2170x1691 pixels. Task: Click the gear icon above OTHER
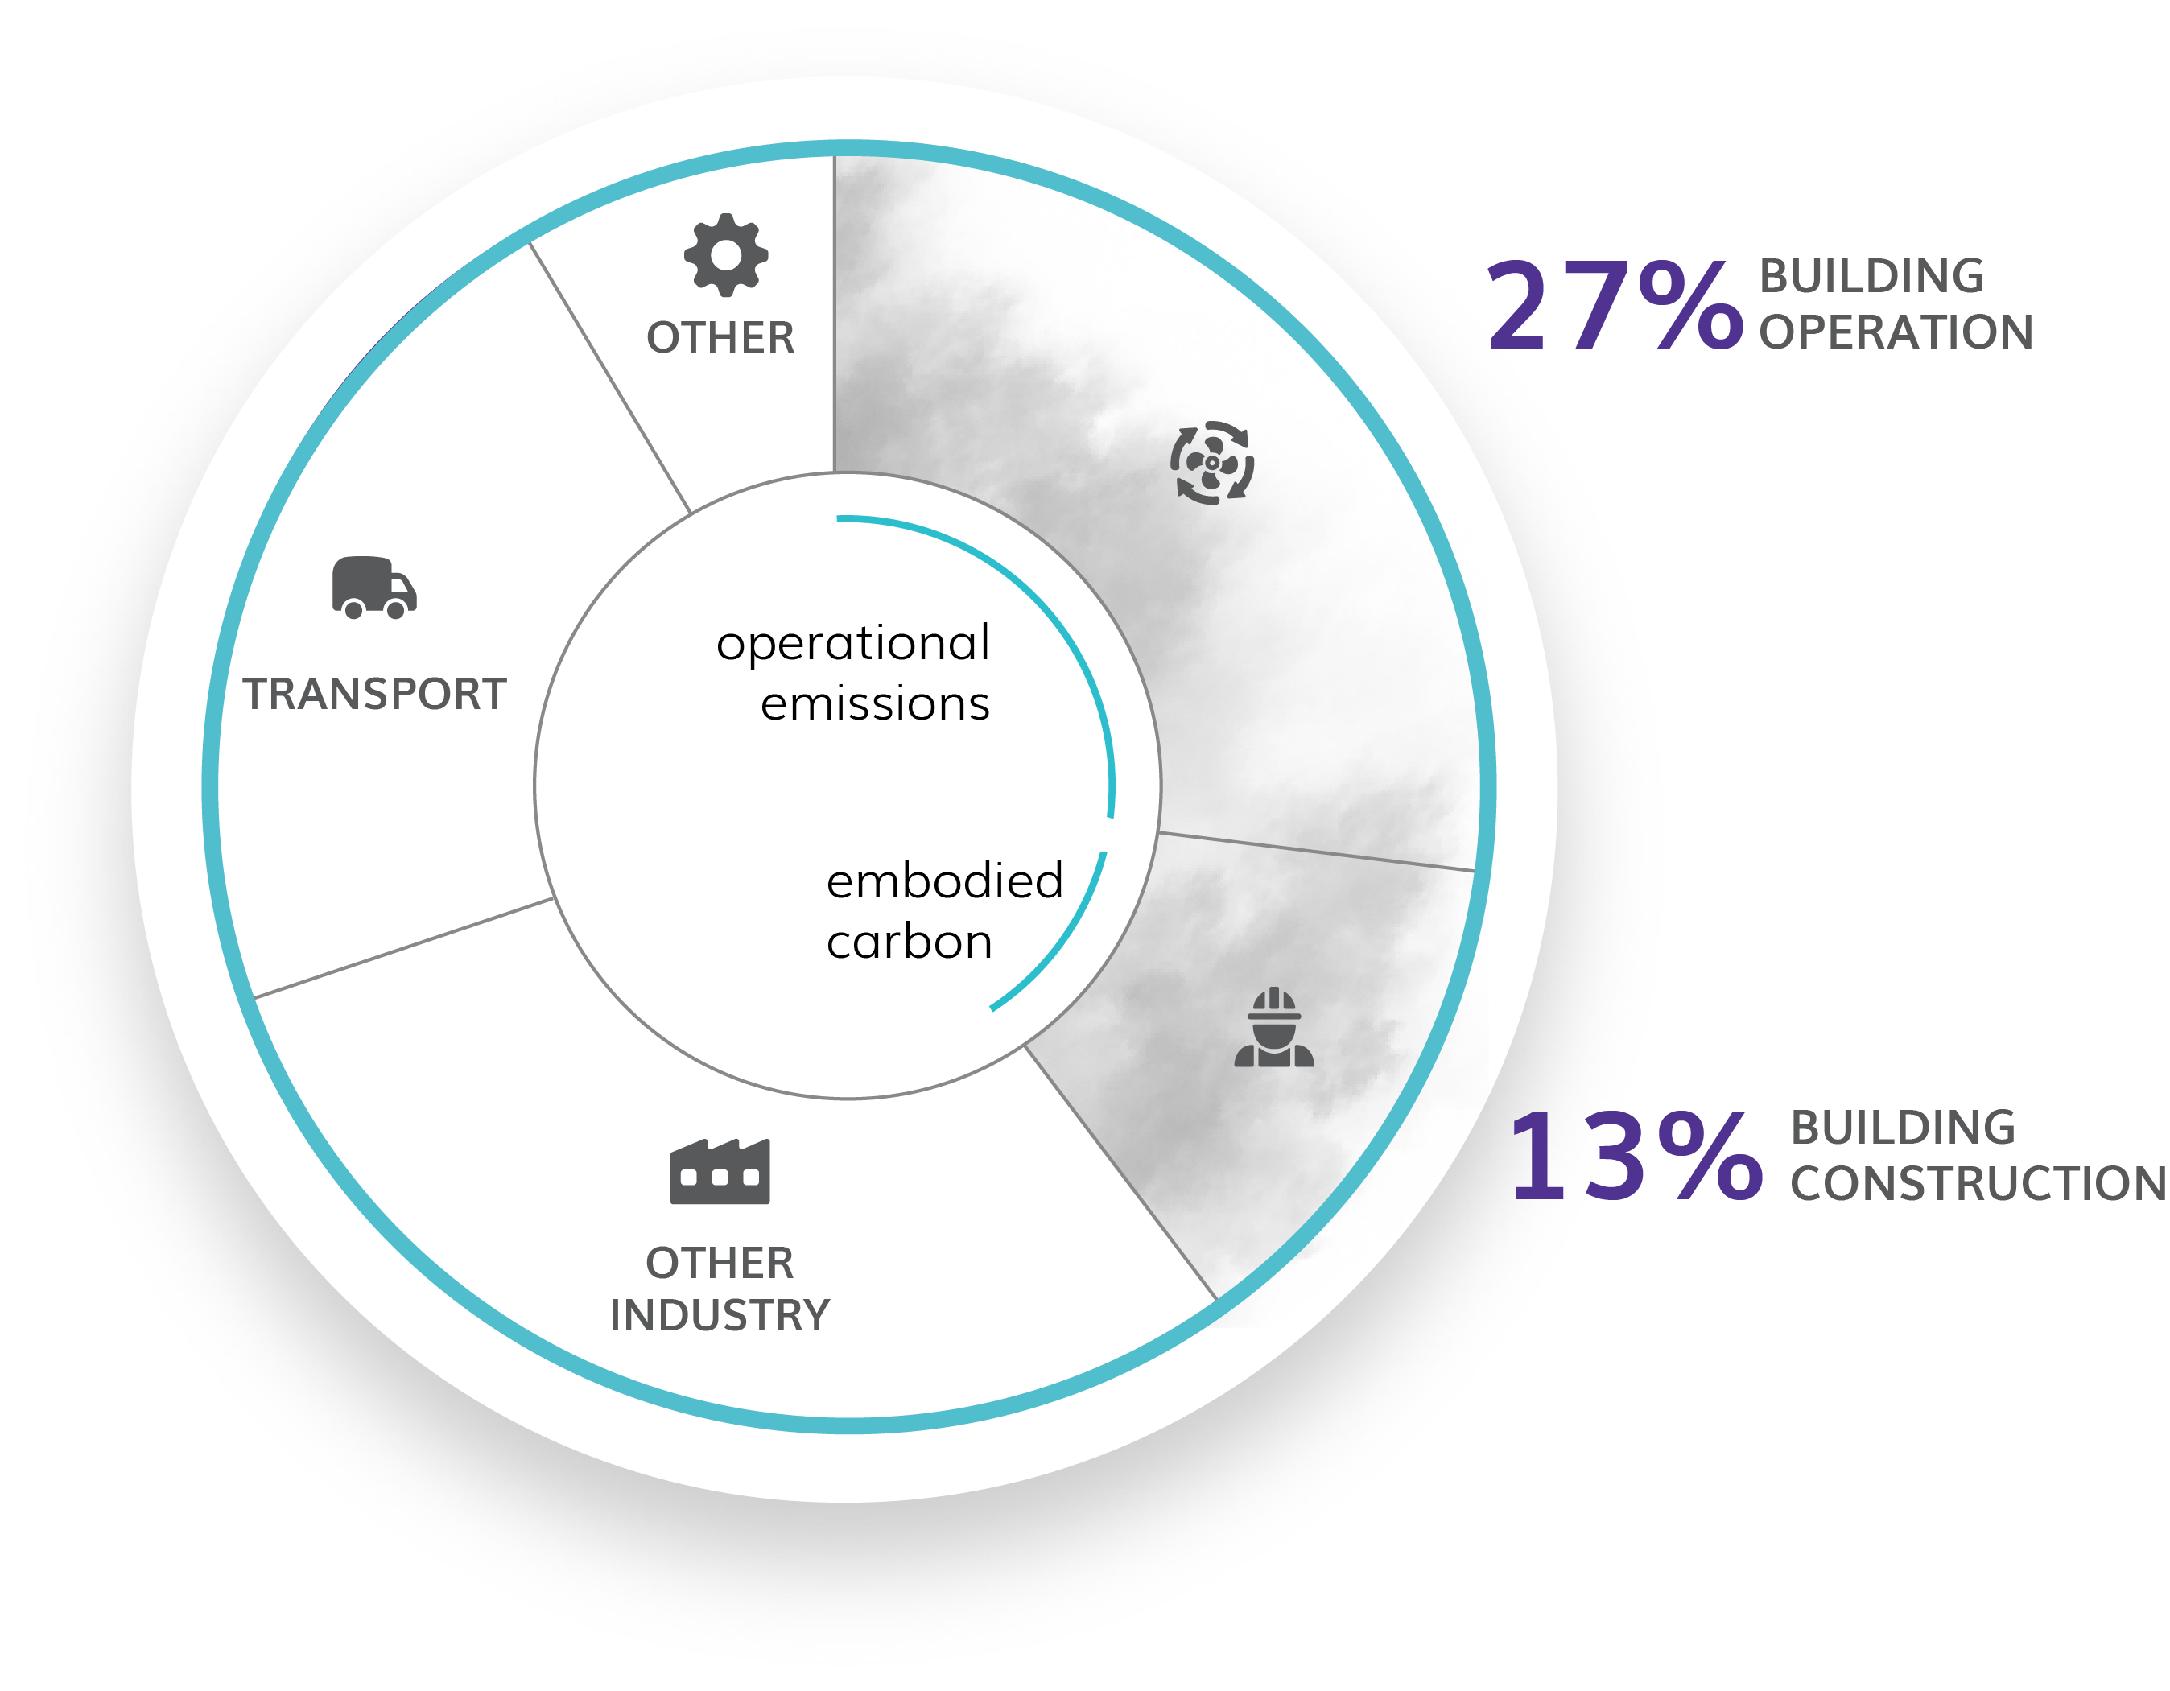[725, 254]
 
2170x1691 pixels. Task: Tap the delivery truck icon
[373, 588]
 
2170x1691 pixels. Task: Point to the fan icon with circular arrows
[1211, 463]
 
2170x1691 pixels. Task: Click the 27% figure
[1615, 305]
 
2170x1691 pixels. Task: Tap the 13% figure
[1635, 1156]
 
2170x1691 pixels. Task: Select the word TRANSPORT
[374, 694]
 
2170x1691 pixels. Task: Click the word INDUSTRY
[720, 1315]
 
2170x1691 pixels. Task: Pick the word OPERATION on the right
[1896, 332]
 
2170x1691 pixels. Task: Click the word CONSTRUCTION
[1978, 1183]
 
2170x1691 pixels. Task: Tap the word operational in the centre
[852, 644]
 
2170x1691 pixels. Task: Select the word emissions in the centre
[874, 704]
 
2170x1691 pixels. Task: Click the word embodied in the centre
[944, 881]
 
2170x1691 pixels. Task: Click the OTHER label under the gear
[720, 338]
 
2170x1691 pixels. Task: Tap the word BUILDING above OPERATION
[1871, 276]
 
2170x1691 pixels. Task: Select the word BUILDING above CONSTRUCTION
[1903, 1128]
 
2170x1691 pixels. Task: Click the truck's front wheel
[395, 609]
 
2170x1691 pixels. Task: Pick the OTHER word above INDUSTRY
[720, 1264]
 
